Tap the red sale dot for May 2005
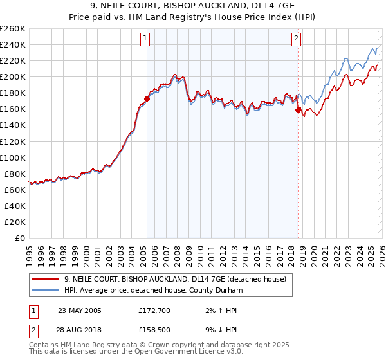click(x=147, y=99)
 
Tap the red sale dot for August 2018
click(x=298, y=110)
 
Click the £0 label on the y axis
click(x=19, y=238)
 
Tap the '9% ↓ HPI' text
click(x=222, y=331)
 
